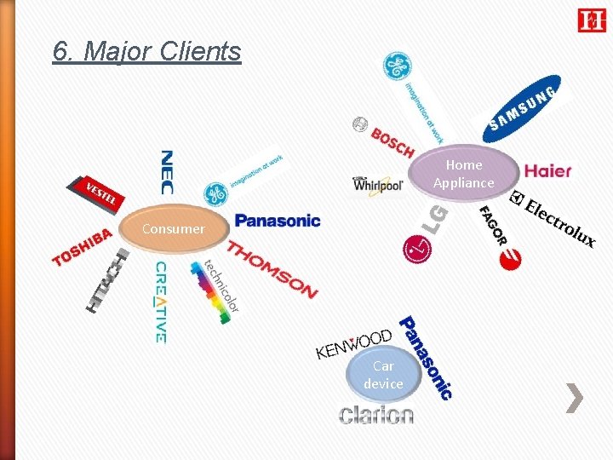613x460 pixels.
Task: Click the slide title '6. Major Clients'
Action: [x=146, y=51]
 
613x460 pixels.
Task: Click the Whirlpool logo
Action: [x=377, y=184]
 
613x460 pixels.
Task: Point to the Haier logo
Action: [x=547, y=170]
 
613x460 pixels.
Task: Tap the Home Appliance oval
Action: [x=463, y=174]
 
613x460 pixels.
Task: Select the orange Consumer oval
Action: [x=174, y=228]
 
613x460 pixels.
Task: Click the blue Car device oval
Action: [x=383, y=376]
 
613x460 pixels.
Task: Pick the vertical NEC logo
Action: [x=167, y=172]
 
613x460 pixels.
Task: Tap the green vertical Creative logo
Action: [x=160, y=302]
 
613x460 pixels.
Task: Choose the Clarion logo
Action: [x=376, y=415]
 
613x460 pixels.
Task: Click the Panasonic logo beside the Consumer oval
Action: [x=278, y=221]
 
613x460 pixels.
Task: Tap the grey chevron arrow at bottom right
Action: [x=576, y=398]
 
